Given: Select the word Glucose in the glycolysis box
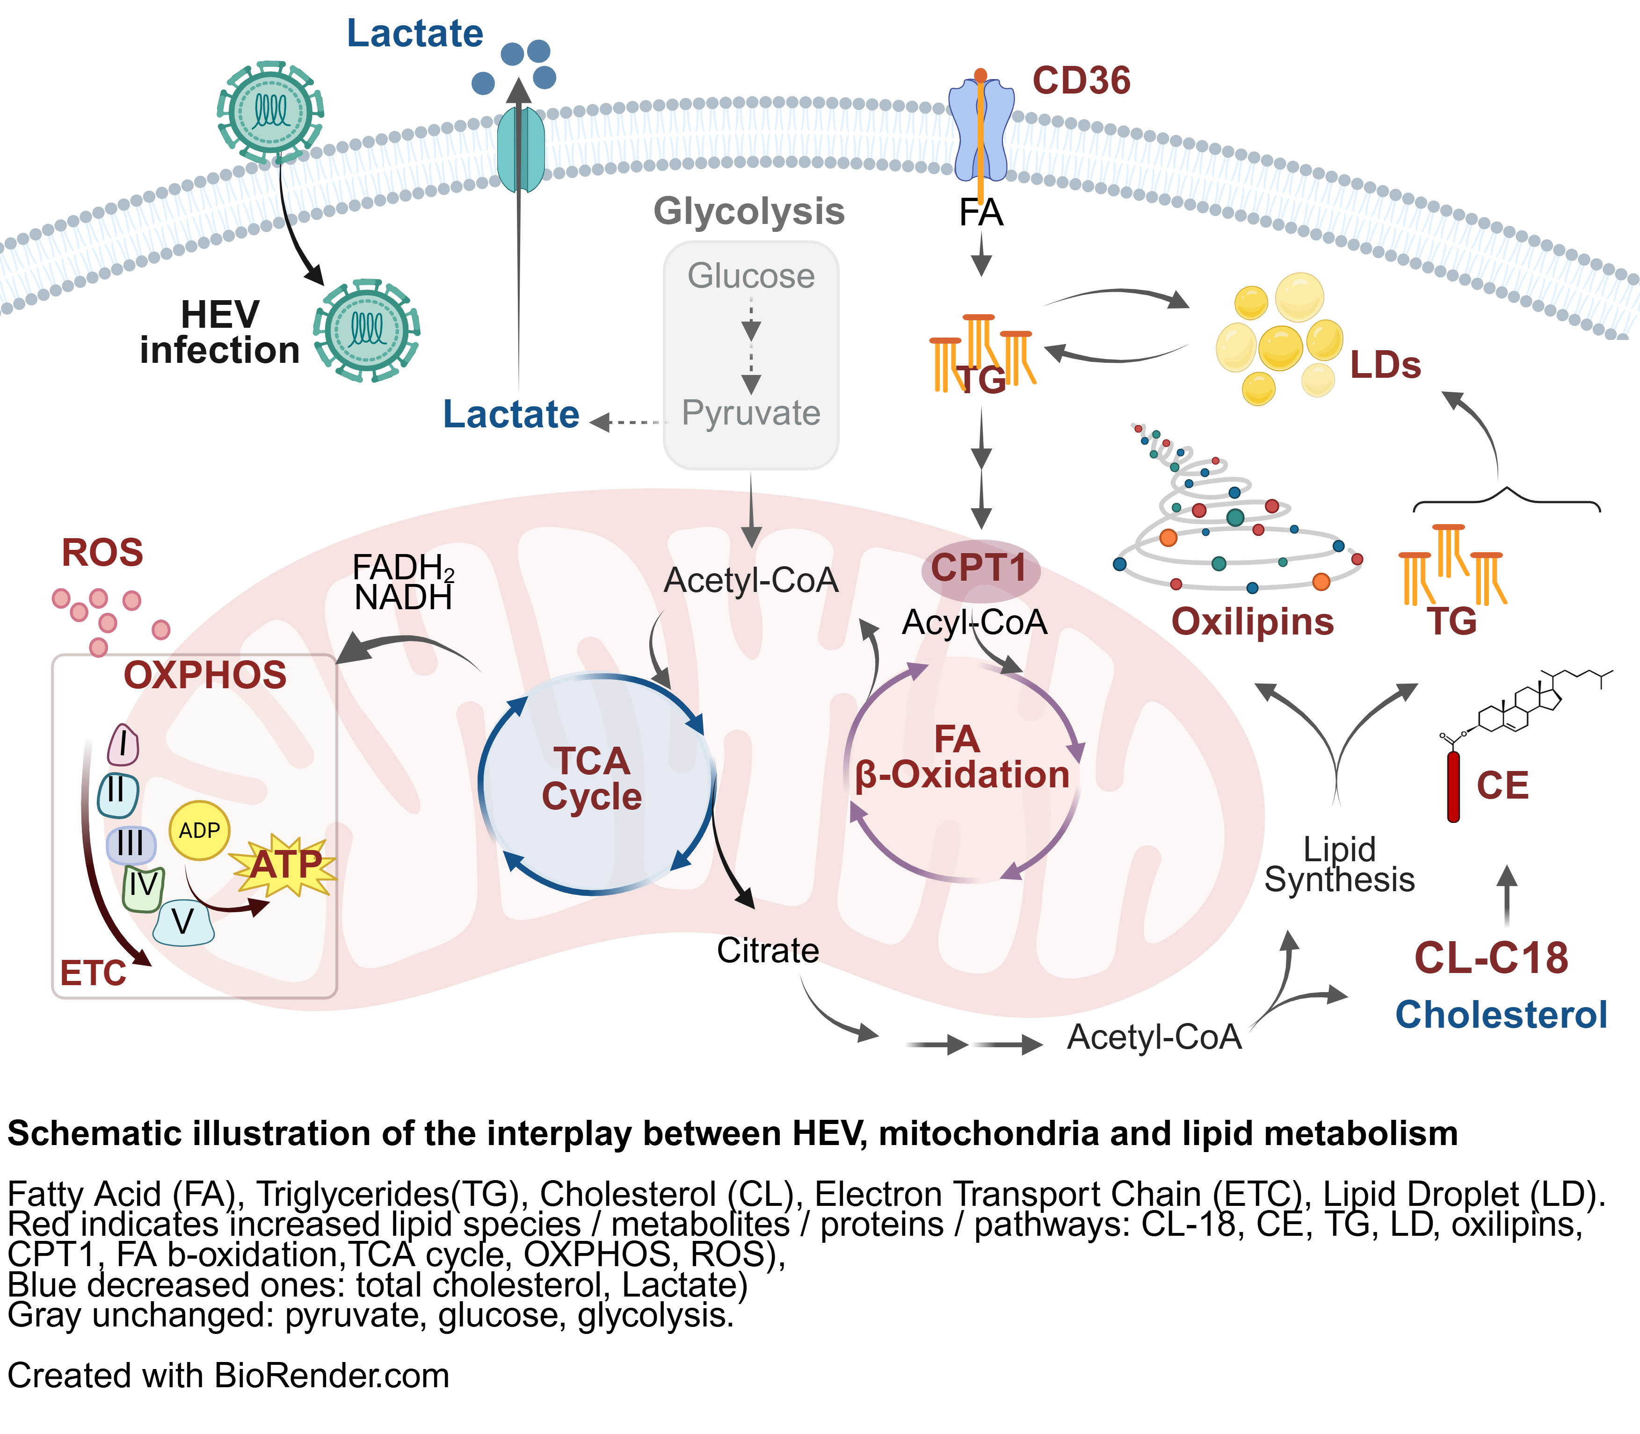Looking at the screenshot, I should click(x=751, y=276).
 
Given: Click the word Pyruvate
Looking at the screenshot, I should click(x=751, y=413).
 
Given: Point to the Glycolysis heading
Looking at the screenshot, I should click(x=749, y=211).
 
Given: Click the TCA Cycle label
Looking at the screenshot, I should click(x=591, y=778).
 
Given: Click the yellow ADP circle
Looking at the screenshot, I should click(x=199, y=831).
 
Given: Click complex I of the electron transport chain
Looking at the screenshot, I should click(x=123, y=745).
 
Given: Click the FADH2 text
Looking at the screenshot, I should click(x=403, y=567).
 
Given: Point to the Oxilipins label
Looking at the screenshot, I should click(x=1253, y=622).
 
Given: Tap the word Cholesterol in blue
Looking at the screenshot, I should click(x=1501, y=1015).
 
